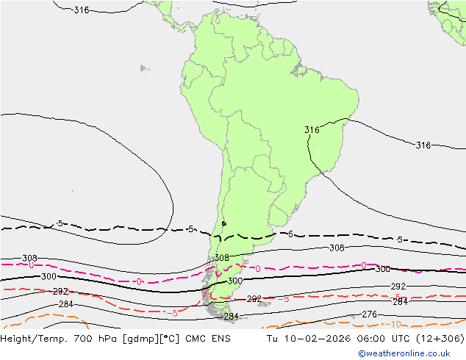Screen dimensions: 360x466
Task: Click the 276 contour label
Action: (x=369, y=314)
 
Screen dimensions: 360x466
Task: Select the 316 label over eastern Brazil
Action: (x=312, y=130)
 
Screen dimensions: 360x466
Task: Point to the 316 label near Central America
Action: (x=82, y=10)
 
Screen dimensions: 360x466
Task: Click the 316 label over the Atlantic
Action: (x=423, y=145)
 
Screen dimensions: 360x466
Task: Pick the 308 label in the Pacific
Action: (x=29, y=259)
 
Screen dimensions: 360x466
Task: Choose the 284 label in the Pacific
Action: (x=65, y=304)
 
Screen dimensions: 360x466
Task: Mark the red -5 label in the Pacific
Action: (x=172, y=313)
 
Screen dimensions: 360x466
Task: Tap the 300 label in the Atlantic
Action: (x=382, y=270)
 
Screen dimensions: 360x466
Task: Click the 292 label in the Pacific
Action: (x=60, y=292)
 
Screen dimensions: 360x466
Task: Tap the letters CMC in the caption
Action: (x=198, y=339)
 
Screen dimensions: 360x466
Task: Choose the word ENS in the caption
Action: (x=221, y=339)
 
